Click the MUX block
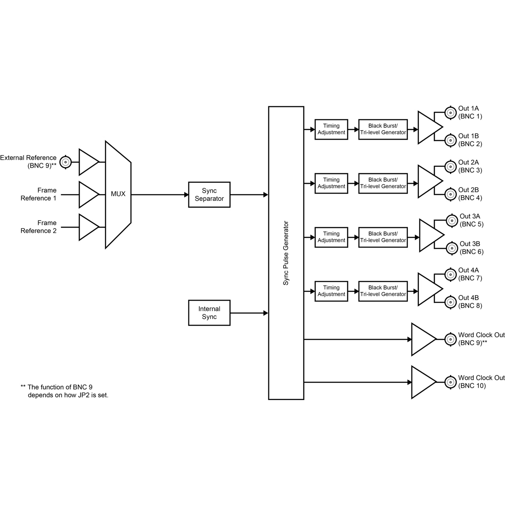pyautogui.click(x=118, y=195)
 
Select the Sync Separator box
pyautogui.click(x=209, y=195)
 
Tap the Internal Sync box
pyautogui.click(x=209, y=313)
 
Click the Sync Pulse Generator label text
pyautogui.click(x=286, y=253)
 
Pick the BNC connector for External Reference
pyautogui.click(x=65, y=162)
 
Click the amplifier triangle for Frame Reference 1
pyautogui.click(x=88, y=195)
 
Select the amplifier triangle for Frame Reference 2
pyautogui.click(x=88, y=227)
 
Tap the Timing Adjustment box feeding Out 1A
pyautogui.click(x=331, y=129)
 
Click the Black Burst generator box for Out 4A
pyautogui.click(x=383, y=291)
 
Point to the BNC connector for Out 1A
pyautogui.click(x=451, y=113)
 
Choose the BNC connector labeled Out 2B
pyautogui.click(x=451, y=194)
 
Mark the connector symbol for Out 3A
pyautogui.click(x=452, y=221)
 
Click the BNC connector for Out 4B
pyautogui.click(x=451, y=302)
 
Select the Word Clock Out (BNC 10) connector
pyautogui.click(x=451, y=382)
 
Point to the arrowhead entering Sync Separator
pyautogui.click(x=186, y=195)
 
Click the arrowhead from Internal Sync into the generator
pyautogui.click(x=266, y=313)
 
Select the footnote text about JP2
pyautogui.click(x=64, y=391)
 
